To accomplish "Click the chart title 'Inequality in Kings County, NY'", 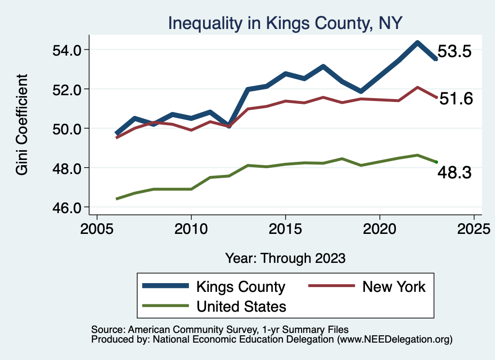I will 285,23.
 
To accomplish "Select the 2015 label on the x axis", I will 286,228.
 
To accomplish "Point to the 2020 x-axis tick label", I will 380,228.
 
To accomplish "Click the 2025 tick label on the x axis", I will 474,228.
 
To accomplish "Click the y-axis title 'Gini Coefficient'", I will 22,124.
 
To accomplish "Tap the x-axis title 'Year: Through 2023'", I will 285,258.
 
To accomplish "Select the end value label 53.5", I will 454,52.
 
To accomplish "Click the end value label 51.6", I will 455,99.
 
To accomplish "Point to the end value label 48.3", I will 454,173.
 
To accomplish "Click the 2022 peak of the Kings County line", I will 417,43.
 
